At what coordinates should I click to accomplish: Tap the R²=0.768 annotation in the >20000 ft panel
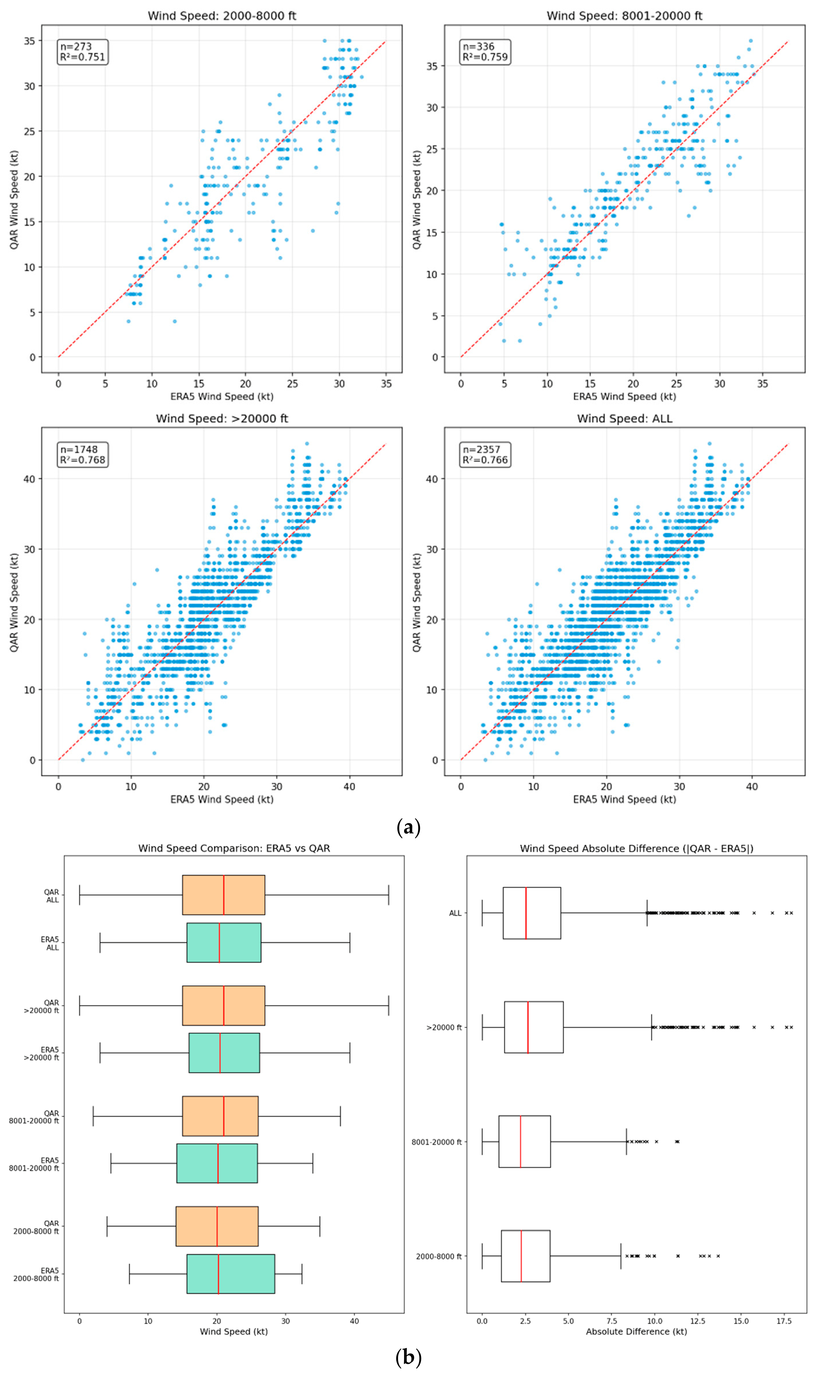[x=83, y=460]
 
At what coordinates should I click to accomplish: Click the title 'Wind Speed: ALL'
[x=625, y=418]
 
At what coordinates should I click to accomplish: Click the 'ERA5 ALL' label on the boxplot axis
[x=50, y=943]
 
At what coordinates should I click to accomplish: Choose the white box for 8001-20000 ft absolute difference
[x=525, y=1141]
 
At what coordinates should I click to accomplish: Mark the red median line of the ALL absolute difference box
[x=526, y=912]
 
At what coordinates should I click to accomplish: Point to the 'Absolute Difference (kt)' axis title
[x=636, y=1331]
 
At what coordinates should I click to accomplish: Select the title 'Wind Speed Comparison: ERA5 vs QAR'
[x=234, y=848]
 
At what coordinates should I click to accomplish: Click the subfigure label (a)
[x=408, y=827]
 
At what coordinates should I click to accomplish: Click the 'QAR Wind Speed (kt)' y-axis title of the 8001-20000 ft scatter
[x=417, y=200]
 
